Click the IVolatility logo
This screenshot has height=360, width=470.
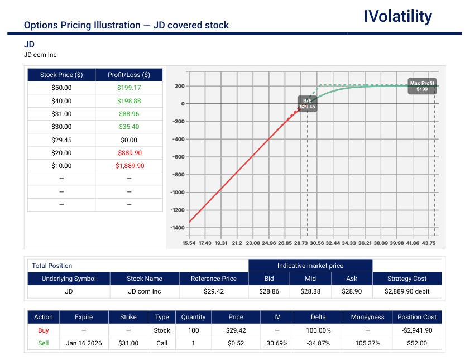tap(397, 17)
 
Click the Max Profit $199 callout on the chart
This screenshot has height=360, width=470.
tap(422, 86)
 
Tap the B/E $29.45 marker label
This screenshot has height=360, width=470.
tap(308, 103)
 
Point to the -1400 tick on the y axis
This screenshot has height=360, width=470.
tap(177, 228)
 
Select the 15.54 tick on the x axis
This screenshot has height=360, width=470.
tap(189, 243)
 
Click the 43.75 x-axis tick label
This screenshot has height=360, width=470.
tap(429, 243)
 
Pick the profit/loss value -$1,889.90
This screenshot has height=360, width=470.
tap(129, 166)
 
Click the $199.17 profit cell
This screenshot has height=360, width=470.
tap(129, 88)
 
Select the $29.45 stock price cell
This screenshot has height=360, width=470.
tap(61, 140)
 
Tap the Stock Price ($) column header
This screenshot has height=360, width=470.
tap(61, 75)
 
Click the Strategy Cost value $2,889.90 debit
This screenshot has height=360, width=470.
tap(406, 291)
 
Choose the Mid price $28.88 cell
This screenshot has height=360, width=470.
tap(310, 291)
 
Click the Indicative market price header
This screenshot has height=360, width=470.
tap(310, 266)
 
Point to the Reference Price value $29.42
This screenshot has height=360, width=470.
tap(213, 291)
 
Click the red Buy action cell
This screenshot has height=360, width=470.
tap(43, 330)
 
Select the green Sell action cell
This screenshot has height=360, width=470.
tap(43, 343)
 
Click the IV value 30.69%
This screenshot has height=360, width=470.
tap(277, 343)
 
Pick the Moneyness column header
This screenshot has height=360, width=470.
tap(367, 317)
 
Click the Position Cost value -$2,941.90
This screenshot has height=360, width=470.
tap(416, 330)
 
